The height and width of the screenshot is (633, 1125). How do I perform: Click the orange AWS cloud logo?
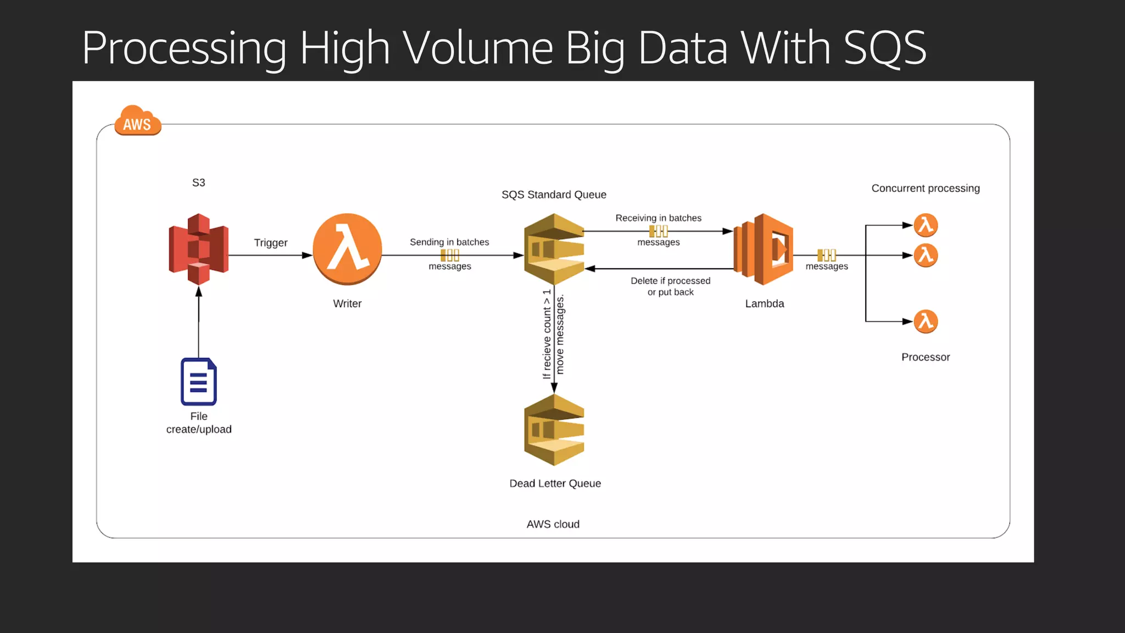click(x=137, y=121)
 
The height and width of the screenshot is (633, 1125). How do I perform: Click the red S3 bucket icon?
click(x=198, y=249)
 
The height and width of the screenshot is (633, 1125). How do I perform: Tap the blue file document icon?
click(x=198, y=381)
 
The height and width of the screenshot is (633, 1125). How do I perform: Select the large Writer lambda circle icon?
click(x=347, y=249)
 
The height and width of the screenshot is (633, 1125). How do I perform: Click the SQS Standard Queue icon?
click(x=554, y=249)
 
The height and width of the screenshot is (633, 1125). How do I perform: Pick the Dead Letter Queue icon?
click(x=554, y=430)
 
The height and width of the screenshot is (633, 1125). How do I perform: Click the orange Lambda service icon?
click(x=764, y=249)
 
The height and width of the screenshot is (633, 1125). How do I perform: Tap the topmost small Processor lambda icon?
click(x=926, y=225)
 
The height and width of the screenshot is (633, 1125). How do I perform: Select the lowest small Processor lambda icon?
click(x=926, y=321)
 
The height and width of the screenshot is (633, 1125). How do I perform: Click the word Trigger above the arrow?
click(x=270, y=242)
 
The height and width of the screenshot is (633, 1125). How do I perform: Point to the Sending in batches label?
click(x=449, y=242)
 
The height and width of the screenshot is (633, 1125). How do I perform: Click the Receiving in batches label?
click(x=658, y=218)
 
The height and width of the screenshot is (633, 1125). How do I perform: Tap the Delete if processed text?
click(x=670, y=281)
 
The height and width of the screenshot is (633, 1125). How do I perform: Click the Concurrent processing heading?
click(x=925, y=188)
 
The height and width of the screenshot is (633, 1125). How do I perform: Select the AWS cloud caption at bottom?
click(x=553, y=524)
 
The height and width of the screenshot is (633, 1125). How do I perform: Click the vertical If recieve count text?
click(x=547, y=334)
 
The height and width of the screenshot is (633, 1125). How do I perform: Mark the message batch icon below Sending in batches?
click(x=449, y=255)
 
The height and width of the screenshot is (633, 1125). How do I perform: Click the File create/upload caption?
click(x=198, y=423)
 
